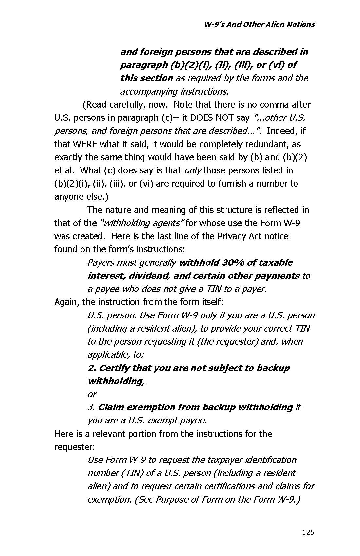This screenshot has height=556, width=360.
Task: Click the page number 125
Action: click(308, 532)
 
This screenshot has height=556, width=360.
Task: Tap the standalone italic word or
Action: click(92, 394)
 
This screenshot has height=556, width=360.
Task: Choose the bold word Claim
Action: click(111, 407)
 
